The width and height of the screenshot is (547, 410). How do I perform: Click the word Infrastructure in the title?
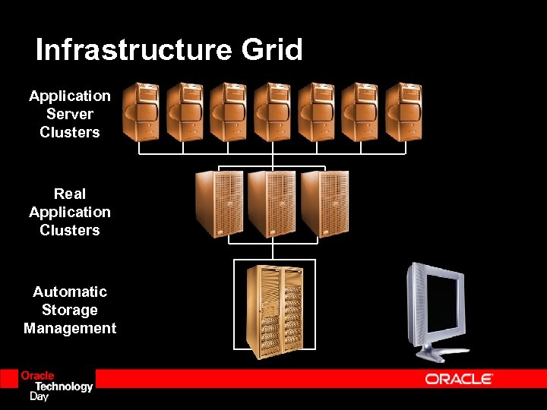coord(134,50)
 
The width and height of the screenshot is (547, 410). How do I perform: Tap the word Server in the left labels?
coord(70,114)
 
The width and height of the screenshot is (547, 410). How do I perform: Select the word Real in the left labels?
coord(70,194)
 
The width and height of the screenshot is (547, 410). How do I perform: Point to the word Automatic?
coord(70,292)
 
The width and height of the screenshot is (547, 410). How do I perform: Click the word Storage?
coord(70,310)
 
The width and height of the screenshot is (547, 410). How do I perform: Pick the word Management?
coord(70,328)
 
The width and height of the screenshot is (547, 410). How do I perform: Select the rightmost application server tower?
coord(403,112)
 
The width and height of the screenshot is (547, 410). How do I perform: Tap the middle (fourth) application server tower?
coord(272,112)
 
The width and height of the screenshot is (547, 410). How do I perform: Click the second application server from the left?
coord(185,112)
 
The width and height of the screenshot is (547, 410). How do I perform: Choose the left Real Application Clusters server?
coord(219,203)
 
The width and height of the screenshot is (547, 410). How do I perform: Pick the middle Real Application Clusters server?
coord(271,203)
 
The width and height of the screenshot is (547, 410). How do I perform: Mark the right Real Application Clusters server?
coord(324,203)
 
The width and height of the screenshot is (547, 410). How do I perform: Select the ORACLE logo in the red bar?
coord(459,378)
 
